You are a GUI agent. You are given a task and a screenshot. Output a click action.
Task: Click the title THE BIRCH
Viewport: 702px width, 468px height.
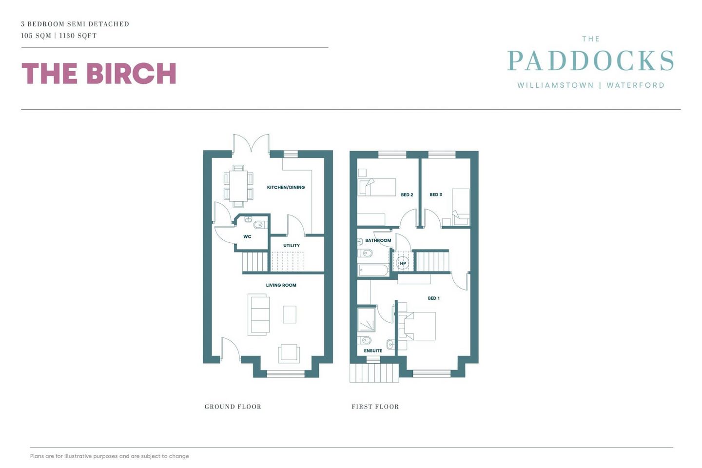click(x=98, y=73)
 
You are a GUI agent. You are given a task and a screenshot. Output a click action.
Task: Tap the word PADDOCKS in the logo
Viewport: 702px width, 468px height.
click(x=590, y=60)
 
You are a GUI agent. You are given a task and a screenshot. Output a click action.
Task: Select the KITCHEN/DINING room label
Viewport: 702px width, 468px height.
click(x=286, y=188)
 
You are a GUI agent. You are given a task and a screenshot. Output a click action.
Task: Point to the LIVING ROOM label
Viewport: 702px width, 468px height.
click(x=281, y=285)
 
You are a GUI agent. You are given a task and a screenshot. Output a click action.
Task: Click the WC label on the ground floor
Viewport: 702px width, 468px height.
click(x=247, y=236)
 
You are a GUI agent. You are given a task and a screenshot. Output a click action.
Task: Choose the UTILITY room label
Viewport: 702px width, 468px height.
click(x=292, y=245)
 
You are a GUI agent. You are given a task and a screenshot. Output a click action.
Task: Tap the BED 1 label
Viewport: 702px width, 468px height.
click(x=434, y=298)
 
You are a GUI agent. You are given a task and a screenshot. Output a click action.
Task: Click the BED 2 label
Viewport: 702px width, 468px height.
click(x=407, y=195)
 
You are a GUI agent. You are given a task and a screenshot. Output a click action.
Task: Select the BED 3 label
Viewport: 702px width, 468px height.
click(x=436, y=195)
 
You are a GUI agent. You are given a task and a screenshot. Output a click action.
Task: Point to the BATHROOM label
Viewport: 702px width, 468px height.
click(x=378, y=240)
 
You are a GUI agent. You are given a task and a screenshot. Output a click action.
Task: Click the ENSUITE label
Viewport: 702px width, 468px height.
click(x=373, y=351)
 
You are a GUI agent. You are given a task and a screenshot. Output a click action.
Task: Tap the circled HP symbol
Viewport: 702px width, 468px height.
click(x=403, y=263)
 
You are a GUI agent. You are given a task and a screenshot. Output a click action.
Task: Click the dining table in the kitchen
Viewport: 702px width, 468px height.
click(x=238, y=186)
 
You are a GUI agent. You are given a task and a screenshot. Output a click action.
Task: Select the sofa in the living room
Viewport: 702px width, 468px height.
click(x=258, y=314)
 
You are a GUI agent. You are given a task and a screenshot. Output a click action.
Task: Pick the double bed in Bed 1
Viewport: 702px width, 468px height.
click(x=417, y=326)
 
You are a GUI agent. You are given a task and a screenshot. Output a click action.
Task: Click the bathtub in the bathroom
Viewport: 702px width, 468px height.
click(x=373, y=271)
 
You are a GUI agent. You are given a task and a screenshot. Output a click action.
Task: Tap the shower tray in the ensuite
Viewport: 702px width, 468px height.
click(x=367, y=319)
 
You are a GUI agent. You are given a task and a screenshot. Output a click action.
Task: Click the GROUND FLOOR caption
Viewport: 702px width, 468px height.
click(x=233, y=407)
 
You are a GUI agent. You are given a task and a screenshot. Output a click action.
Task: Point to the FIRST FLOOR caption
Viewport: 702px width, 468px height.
click(x=375, y=407)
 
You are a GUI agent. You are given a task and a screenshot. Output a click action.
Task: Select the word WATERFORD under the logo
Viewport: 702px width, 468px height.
click(x=636, y=85)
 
